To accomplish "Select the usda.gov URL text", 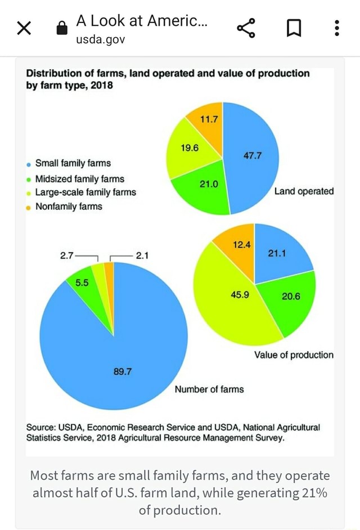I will click(x=101, y=39).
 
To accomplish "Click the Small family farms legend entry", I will click(x=73, y=163).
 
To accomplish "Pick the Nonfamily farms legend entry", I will click(x=69, y=206).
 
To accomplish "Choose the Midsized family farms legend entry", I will click(x=79, y=179).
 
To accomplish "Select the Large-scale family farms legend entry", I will click(x=85, y=192).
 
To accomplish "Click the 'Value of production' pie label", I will click(x=294, y=355).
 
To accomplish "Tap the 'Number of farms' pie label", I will click(x=209, y=389).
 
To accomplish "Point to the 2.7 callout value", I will click(x=66, y=255).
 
